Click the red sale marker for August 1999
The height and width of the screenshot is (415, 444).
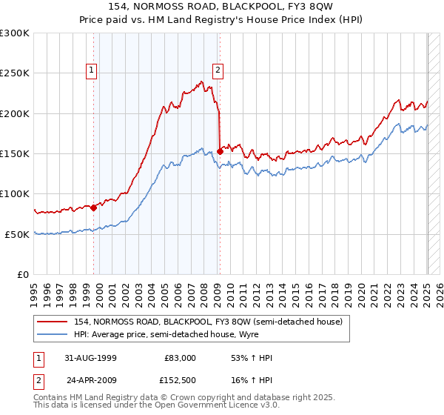pyautogui.click(x=94, y=208)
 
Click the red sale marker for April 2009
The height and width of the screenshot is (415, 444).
pyautogui.click(x=220, y=152)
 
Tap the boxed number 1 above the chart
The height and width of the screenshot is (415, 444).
pyautogui.click(x=92, y=70)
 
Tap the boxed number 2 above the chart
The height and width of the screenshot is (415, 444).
pyautogui.click(x=218, y=70)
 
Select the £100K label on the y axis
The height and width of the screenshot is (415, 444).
pyautogui.click(x=15, y=193)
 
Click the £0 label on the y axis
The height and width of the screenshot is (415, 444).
pyautogui.click(x=24, y=274)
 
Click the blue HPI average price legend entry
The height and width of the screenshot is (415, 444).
pyautogui.click(x=185, y=335)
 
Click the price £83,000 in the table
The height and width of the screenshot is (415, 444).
pyautogui.click(x=180, y=358)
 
